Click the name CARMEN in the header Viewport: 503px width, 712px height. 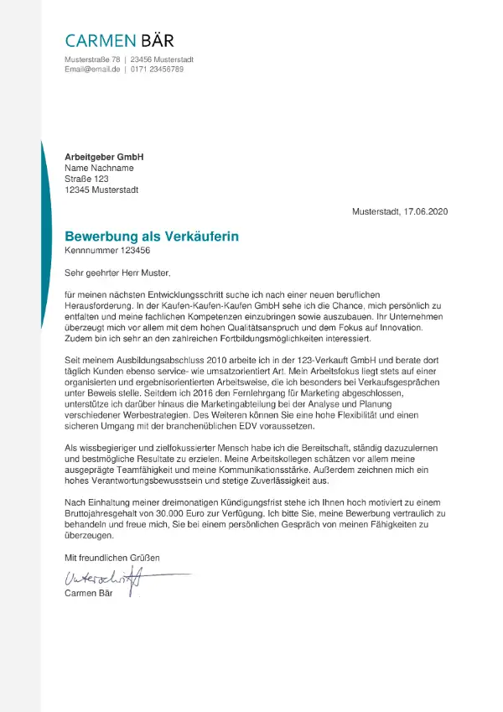[x=96, y=40]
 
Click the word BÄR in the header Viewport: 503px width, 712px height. [x=151, y=40]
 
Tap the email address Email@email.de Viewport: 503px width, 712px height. [x=92, y=69]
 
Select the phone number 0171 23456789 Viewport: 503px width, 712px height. [x=157, y=69]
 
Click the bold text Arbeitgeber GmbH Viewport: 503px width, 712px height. [x=104, y=157]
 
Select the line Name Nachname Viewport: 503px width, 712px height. [x=99, y=168]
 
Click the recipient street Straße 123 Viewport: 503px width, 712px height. [x=86, y=179]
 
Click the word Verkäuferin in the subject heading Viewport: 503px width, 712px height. [x=198, y=236]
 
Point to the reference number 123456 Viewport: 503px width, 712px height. [x=136, y=250]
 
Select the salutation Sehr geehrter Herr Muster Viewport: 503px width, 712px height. [x=117, y=273]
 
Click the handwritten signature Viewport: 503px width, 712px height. [x=105, y=577]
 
